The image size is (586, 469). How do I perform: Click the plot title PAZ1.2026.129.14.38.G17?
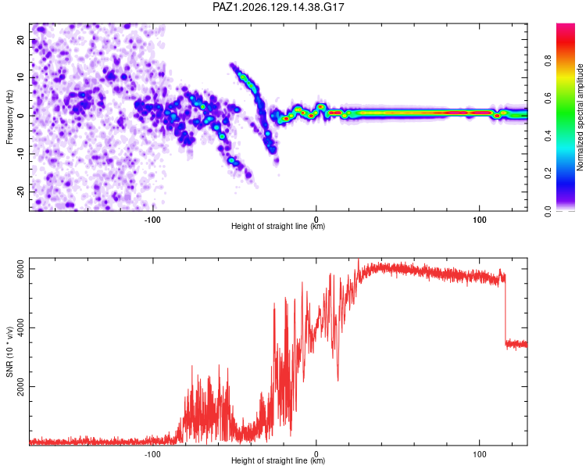tap(278, 7)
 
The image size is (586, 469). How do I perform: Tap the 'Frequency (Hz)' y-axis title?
tap(9, 117)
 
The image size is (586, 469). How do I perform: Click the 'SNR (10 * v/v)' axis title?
tap(9, 352)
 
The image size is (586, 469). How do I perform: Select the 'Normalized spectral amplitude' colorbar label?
tap(580, 117)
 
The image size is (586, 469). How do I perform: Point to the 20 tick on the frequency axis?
tap(20, 40)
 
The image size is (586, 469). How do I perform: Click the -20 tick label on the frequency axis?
tap(20, 192)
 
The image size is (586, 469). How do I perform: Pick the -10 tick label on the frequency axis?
tap(20, 154)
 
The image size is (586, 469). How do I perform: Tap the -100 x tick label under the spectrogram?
tap(152, 220)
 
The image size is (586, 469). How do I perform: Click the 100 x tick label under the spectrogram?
tap(480, 220)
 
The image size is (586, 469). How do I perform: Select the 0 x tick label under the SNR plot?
tap(316, 454)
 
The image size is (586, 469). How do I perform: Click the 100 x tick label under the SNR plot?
tap(480, 454)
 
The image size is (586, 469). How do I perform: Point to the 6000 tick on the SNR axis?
tap(20, 269)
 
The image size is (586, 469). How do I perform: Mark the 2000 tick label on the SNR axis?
tap(20, 386)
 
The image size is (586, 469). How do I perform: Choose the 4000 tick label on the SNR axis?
tap(20, 328)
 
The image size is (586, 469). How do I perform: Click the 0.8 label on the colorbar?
tap(548, 60)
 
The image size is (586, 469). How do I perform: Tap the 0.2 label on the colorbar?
tap(548, 174)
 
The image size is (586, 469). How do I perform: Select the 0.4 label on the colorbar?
tap(548, 136)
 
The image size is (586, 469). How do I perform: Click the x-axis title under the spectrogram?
tap(278, 226)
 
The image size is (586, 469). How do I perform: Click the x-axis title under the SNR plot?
tap(278, 460)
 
